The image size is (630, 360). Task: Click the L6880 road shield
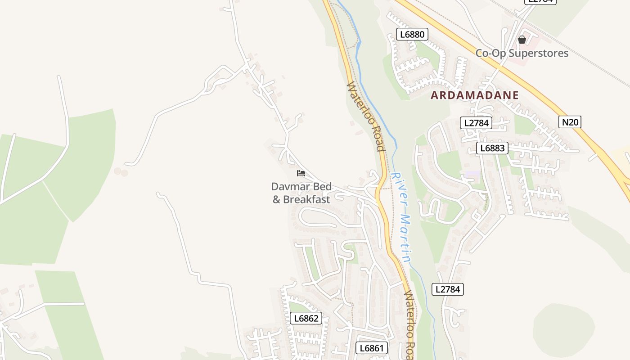(x=412, y=34)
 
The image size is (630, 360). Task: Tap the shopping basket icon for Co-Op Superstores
(x=522, y=40)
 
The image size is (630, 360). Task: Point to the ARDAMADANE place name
(x=475, y=95)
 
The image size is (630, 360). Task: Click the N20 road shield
(x=570, y=121)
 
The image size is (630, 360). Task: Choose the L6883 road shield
(x=492, y=148)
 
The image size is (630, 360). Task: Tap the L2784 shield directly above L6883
(x=476, y=123)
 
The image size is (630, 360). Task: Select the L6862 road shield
(x=306, y=319)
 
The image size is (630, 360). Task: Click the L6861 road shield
(x=372, y=348)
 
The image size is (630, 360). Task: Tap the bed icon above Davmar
(x=301, y=173)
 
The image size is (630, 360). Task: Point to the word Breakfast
(x=306, y=199)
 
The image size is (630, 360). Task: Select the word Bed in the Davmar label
(x=323, y=186)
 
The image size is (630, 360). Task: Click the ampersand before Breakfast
(x=276, y=199)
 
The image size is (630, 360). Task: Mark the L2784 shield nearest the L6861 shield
(x=448, y=289)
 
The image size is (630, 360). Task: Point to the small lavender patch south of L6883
(x=472, y=174)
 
